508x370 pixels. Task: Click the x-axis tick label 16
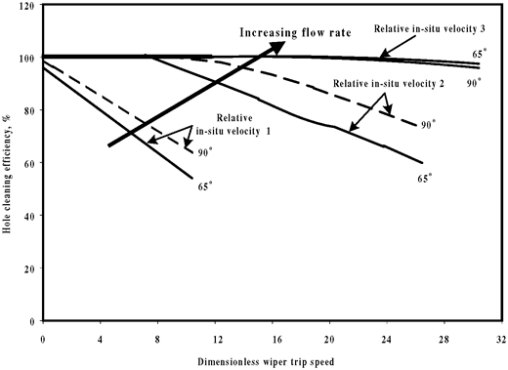[273, 334]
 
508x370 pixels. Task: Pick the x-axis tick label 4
[101, 334]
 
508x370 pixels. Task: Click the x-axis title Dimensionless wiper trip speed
[273, 358]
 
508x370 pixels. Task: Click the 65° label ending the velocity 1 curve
[205, 185]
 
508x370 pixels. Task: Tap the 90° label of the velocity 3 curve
[473, 84]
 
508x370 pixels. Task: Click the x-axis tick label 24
[387, 334]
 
